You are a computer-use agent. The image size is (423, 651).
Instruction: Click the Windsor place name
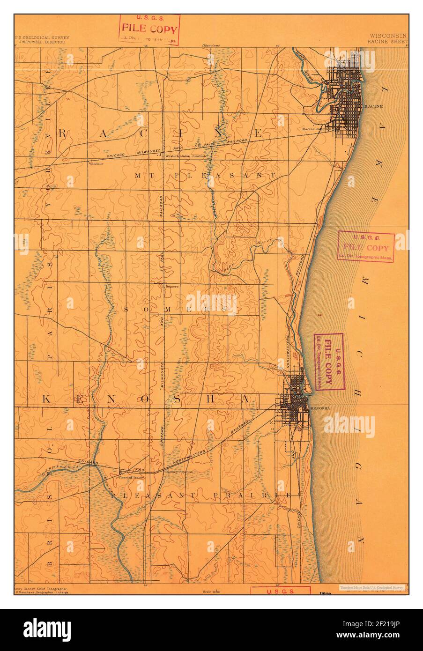(96, 164)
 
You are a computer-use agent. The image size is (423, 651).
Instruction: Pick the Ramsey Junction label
(179, 472)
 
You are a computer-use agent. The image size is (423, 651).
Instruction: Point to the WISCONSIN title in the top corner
(388, 36)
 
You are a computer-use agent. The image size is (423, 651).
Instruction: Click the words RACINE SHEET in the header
(388, 41)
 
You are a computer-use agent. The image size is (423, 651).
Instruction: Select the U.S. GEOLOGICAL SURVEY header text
(42, 37)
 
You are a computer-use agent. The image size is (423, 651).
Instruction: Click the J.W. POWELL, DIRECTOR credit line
(42, 42)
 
